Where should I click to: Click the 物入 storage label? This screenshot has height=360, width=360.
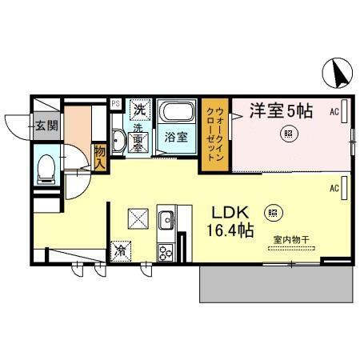pos(100,156)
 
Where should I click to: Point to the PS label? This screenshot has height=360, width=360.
pos(115,103)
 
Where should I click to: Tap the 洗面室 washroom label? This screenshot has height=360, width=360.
pos(137,138)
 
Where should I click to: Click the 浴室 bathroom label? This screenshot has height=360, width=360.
pos(175,137)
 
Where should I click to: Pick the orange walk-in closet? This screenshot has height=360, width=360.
pos(216,134)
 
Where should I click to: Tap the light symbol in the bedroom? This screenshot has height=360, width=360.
pos(286,134)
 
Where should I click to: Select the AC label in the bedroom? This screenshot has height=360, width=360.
pos(335,113)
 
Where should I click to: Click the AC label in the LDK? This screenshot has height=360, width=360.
pos(335,189)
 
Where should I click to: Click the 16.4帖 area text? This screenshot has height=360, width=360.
pos(232,232)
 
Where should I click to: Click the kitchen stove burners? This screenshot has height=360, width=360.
pos(167,253)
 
